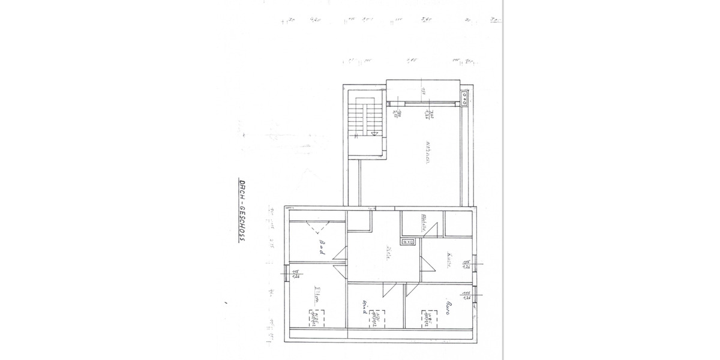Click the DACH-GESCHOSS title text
243,210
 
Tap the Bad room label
322,247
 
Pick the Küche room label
448,259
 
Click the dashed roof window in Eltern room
314,317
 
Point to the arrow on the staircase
374,134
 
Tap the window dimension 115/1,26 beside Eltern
296,275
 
